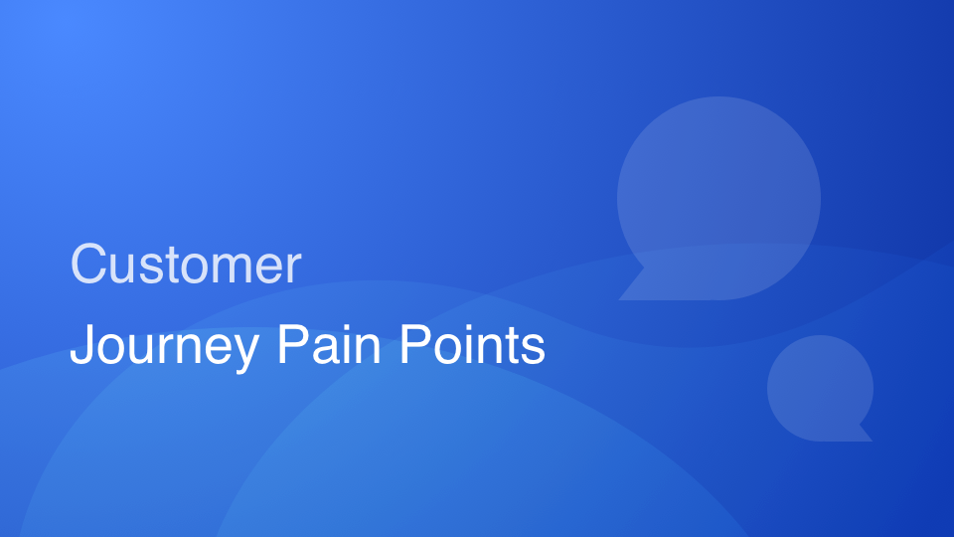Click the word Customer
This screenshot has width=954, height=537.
[185, 265]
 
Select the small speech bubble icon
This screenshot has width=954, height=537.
[820, 387]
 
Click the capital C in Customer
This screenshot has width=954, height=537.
[88, 265]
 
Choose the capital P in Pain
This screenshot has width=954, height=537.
[291, 345]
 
